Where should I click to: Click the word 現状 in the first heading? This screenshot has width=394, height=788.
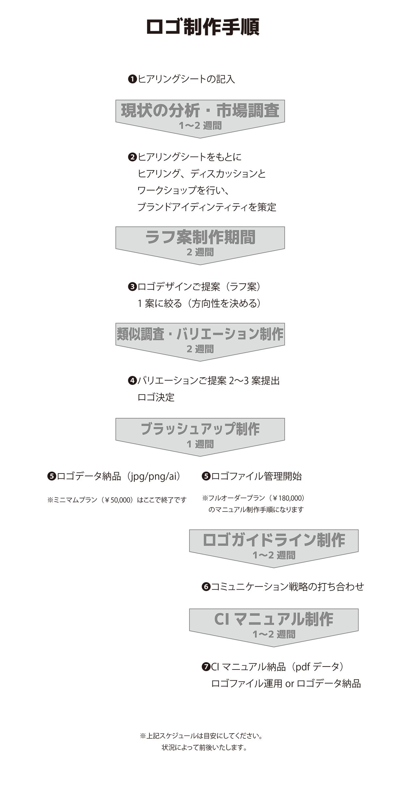pos(134,111)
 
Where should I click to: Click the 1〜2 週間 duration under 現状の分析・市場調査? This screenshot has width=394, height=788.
pos(200,126)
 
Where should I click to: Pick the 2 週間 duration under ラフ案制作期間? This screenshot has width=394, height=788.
pos(200,252)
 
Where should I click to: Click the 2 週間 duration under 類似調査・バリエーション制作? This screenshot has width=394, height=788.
pos(200,349)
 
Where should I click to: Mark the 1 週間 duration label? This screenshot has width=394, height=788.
pos(200,444)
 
